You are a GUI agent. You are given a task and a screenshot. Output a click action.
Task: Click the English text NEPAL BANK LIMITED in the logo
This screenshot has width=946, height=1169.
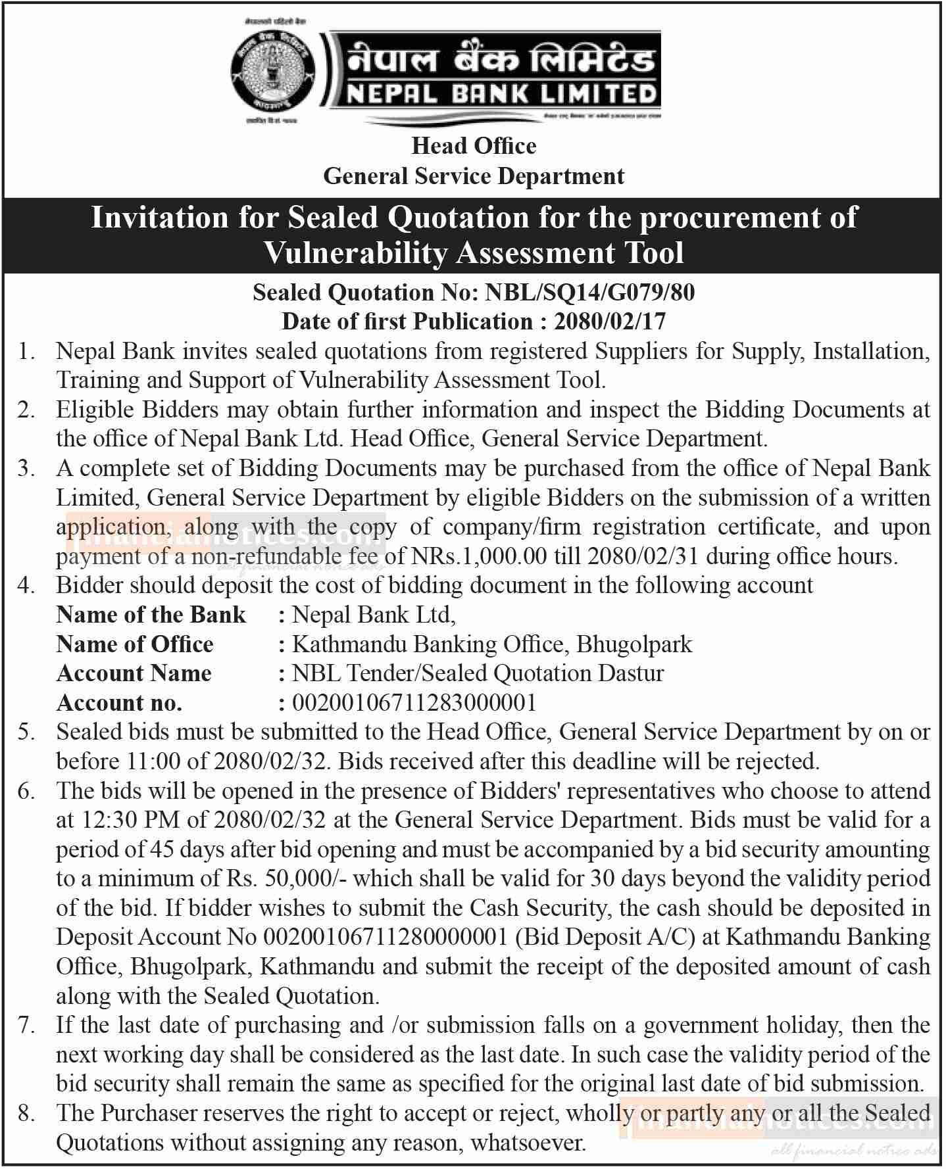click(x=501, y=94)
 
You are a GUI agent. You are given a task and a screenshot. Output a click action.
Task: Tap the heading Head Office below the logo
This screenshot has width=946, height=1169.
click(x=474, y=146)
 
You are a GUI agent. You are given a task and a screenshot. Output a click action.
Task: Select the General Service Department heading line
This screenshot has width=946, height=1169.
click(x=474, y=176)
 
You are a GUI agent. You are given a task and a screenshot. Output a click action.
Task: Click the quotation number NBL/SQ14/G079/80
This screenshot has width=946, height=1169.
click(x=589, y=293)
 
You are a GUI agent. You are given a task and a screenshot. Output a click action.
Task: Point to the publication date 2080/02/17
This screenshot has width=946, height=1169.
click(x=610, y=322)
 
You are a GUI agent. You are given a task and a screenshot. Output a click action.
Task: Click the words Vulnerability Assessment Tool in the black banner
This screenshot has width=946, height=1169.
click(x=474, y=253)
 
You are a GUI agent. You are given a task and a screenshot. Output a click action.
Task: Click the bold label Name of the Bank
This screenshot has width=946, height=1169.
click(x=151, y=615)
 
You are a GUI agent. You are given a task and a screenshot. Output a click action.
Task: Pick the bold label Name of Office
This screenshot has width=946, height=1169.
click(x=135, y=644)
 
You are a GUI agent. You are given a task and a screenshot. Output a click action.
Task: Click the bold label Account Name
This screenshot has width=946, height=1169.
click(x=134, y=673)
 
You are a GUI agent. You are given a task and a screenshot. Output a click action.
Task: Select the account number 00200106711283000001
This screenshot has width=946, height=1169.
click(x=414, y=704)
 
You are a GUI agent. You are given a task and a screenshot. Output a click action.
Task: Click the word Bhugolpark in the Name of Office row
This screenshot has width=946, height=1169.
click(x=634, y=644)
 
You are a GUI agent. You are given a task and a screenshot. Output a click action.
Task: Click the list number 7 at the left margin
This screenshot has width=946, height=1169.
click(x=26, y=1025)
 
